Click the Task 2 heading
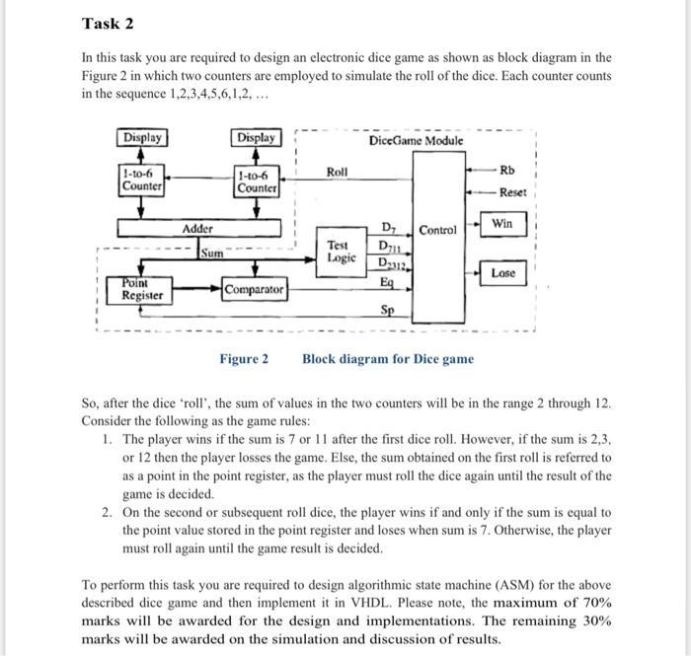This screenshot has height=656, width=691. [x=109, y=23]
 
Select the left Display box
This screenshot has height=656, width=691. [x=142, y=137]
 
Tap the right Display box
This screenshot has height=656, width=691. [x=257, y=137]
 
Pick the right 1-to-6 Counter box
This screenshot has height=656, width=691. [x=257, y=182]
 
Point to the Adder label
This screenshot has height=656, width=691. [x=197, y=228]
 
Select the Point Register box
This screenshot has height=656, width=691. [x=142, y=289]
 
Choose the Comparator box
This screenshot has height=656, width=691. [x=255, y=290]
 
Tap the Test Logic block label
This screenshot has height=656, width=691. [x=338, y=251]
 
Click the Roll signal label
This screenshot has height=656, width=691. [x=337, y=172]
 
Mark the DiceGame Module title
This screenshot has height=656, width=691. [x=416, y=141]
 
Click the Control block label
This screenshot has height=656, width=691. [x=437, y=230]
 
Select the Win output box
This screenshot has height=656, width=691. [x=502, y=223]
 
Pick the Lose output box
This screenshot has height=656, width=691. [x=502, y=272]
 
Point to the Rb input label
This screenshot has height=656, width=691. [x=507, y=172]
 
